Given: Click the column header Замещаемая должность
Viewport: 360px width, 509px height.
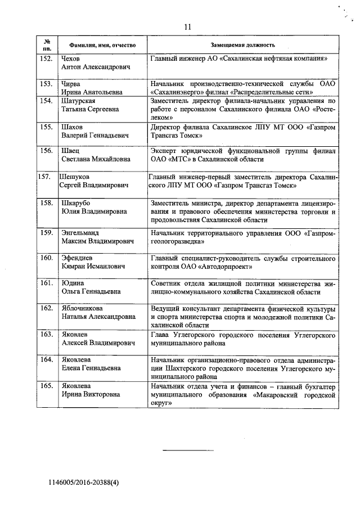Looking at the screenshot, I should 244,44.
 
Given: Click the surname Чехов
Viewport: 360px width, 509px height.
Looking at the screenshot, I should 71,58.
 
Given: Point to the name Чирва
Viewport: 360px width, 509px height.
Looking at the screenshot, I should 71,83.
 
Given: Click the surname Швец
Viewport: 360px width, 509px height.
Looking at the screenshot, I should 70,151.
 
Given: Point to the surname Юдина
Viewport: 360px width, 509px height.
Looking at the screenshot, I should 73,283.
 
